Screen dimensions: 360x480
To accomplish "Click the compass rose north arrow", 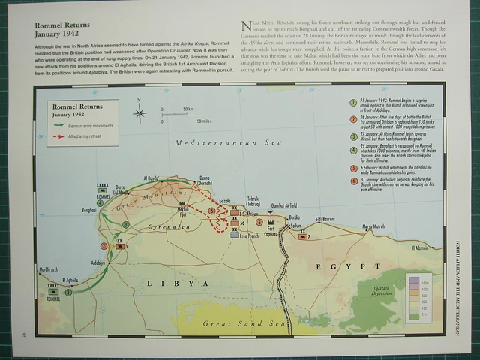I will (140, 113).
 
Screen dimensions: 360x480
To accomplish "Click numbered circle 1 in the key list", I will (352, 102).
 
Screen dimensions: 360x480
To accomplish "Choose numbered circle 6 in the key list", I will (352, 181).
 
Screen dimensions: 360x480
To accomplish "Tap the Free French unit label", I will (249, 235).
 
